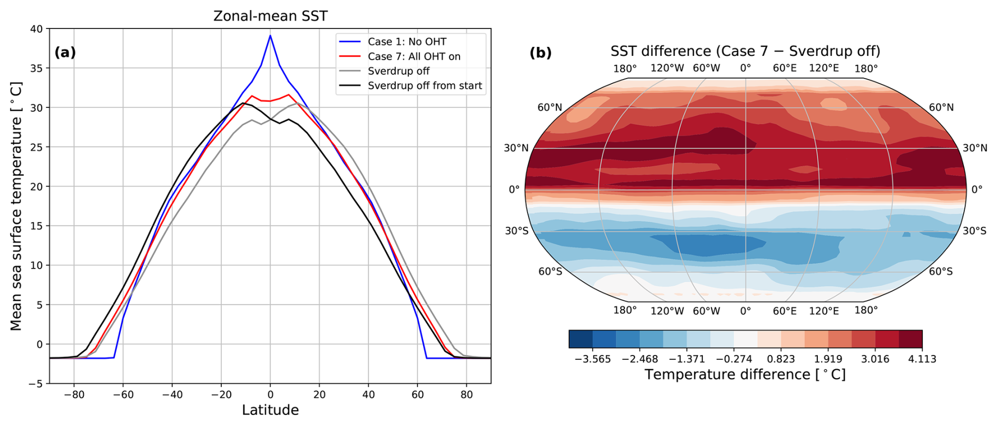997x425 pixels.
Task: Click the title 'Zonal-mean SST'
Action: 270,16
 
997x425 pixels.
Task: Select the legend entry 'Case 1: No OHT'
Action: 407,42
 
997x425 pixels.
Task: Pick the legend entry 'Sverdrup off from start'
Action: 425,86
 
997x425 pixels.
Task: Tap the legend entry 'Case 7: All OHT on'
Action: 414,56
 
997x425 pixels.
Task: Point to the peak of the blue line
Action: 270,36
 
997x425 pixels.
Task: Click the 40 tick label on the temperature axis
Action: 36,29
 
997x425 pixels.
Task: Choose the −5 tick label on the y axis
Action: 36,384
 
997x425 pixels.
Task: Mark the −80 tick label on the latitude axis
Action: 74,394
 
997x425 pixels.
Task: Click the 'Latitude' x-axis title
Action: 270,410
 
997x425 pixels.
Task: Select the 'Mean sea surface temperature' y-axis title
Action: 16,206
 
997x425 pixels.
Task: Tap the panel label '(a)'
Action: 65,52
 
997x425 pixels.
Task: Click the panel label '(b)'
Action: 541,52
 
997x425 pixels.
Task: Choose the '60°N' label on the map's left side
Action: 550,107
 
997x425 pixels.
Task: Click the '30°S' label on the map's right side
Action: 975,231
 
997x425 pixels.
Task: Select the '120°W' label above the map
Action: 667,68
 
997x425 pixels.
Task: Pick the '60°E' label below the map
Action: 785,311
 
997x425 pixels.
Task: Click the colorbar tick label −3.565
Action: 593,359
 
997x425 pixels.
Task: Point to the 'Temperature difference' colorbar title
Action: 745,374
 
